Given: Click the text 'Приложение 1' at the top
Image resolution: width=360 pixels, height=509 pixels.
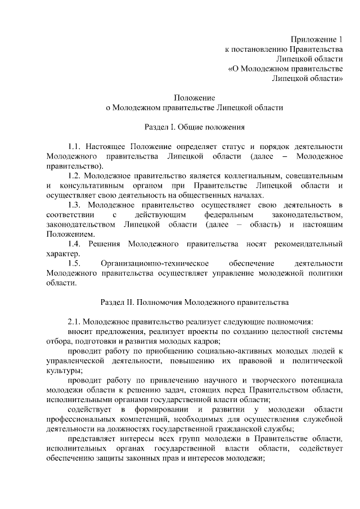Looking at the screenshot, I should [x=317, y=39].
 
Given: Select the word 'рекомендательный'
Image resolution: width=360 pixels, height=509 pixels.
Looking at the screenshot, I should [x=308, y=245].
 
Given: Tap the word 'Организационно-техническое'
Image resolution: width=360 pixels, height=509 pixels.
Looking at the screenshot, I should [x=155, y=264].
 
